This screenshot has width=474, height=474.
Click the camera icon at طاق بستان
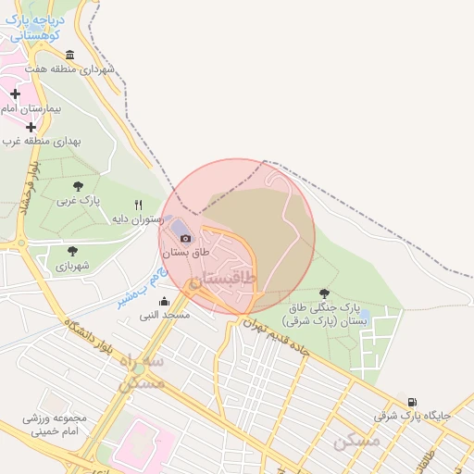(x=185, y=238)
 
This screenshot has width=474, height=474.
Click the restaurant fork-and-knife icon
(x=139, y=205)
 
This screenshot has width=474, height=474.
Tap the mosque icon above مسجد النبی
(x=165, y=301)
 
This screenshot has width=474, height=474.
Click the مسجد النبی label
(x=165, y=315)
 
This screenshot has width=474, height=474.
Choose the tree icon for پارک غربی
(x=77, y=186)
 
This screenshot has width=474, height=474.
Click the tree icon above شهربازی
(x=72, y=251)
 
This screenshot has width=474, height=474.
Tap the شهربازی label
(x=72, y=266)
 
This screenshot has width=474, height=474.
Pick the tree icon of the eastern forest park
(x=322, y=293)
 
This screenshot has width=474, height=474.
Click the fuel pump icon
(x=412, y=402)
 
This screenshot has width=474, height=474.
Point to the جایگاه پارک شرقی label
(x=412, y=416)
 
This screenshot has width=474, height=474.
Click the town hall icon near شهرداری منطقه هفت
(x=94, y=55)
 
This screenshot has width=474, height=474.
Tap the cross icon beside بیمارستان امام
(x=15, y=94)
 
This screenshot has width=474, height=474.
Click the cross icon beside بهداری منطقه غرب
(x=31, y=127)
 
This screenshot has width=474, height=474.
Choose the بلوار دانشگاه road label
(x=90, y=346)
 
